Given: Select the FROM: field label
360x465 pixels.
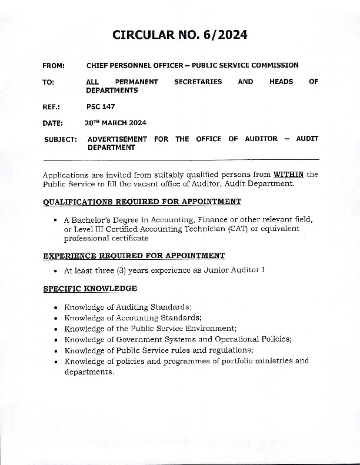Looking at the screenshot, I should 54,65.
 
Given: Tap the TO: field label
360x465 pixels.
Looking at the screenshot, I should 48,82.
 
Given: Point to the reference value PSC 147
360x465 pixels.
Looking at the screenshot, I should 101,106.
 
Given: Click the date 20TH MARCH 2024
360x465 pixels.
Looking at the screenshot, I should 115,123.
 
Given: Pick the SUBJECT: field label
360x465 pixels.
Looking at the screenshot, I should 61,139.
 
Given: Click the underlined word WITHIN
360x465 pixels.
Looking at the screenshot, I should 288,174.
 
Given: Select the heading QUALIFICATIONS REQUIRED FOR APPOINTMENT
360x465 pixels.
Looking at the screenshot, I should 142,202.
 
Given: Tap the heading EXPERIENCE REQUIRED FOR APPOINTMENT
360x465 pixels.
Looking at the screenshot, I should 134,256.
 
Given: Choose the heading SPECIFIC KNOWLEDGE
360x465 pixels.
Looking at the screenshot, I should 90,289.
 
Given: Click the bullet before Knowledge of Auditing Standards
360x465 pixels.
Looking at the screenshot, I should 55,307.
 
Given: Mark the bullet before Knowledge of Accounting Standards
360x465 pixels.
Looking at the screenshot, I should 55,318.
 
